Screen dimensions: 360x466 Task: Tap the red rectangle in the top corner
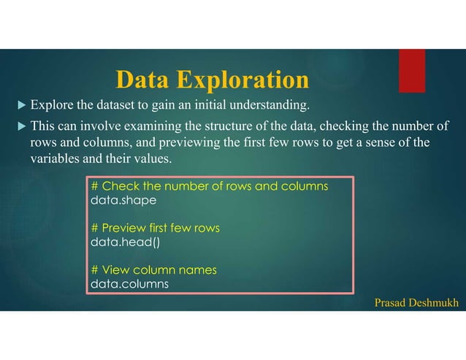(412, 70)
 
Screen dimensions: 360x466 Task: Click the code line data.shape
(123, 199)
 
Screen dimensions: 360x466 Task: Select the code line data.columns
(129, 283)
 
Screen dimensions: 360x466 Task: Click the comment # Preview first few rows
(155, 228)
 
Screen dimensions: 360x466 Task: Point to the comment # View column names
(153, 270)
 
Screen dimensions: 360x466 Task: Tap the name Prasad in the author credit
(391, 302)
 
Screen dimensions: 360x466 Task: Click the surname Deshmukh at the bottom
(436, 302)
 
